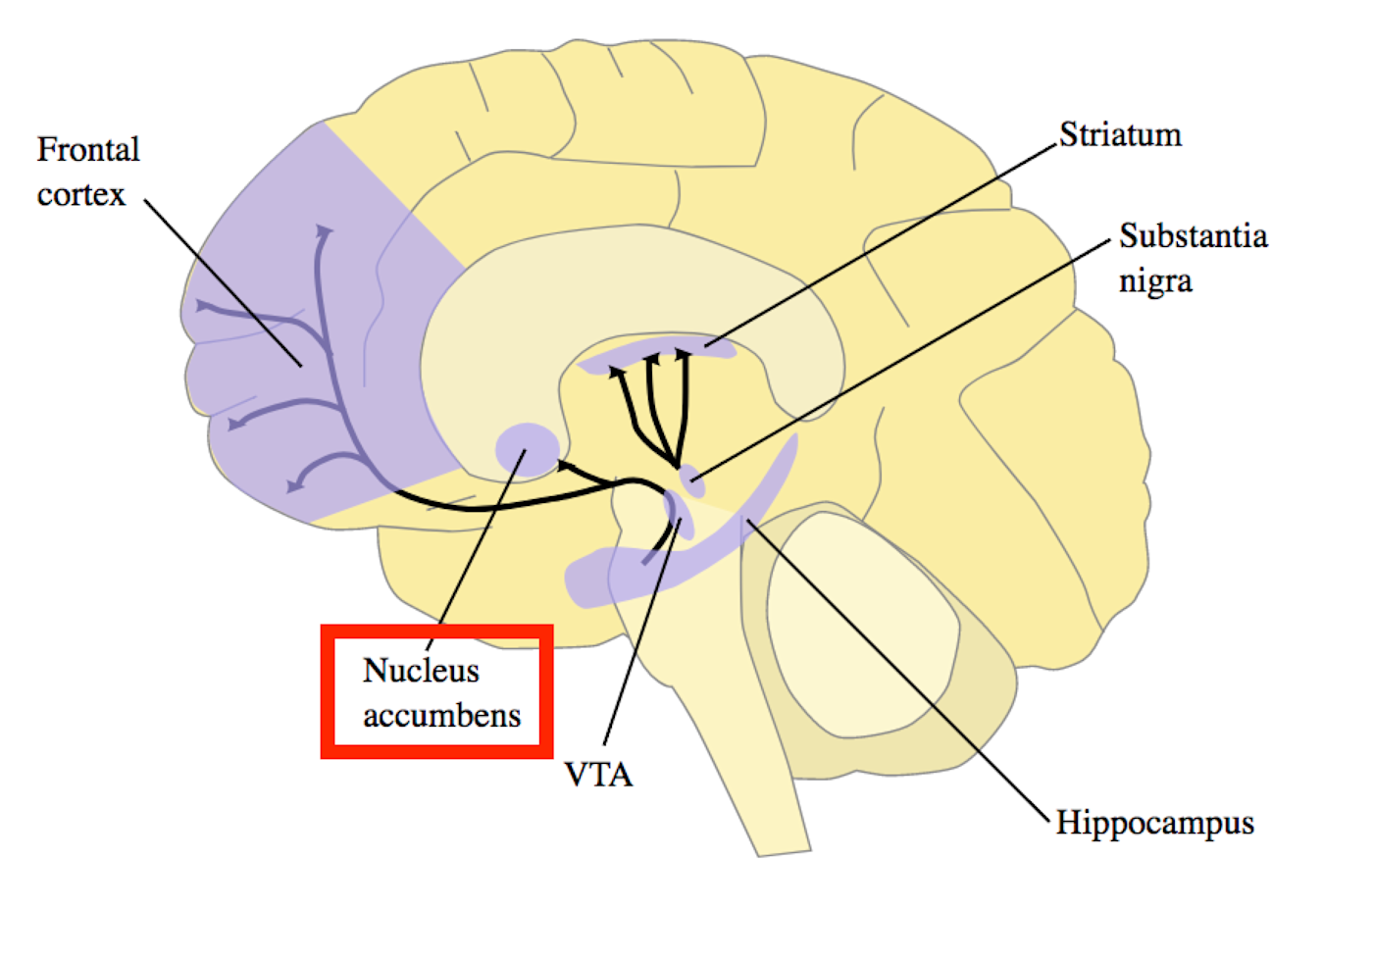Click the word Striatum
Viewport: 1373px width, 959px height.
(1120, 134)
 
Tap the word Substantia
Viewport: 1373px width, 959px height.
(1193, 236)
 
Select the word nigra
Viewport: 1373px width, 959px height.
(1155, 281)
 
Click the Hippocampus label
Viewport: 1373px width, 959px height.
(1155, 824)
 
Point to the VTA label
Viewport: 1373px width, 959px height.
(598, 775)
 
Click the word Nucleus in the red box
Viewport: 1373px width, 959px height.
(421, 671)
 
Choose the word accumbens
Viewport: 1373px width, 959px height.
(441, 716)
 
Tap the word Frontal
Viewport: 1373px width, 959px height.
(88, 149)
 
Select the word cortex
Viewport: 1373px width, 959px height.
(80, 195)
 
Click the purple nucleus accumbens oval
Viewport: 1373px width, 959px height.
(528, 450)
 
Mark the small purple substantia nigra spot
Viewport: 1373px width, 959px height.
(692, 481)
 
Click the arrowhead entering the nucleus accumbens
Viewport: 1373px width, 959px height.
(565, 467)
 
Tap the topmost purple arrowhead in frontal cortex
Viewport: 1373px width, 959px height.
(323, 231)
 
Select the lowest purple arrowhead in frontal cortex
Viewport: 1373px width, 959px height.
(295, 486)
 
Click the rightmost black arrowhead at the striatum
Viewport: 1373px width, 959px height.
(683, 353)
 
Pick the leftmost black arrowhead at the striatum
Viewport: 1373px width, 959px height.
(616, 372)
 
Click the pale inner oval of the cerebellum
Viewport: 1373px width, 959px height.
(861, 625)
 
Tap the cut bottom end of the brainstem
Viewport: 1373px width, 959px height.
(785, 852)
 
